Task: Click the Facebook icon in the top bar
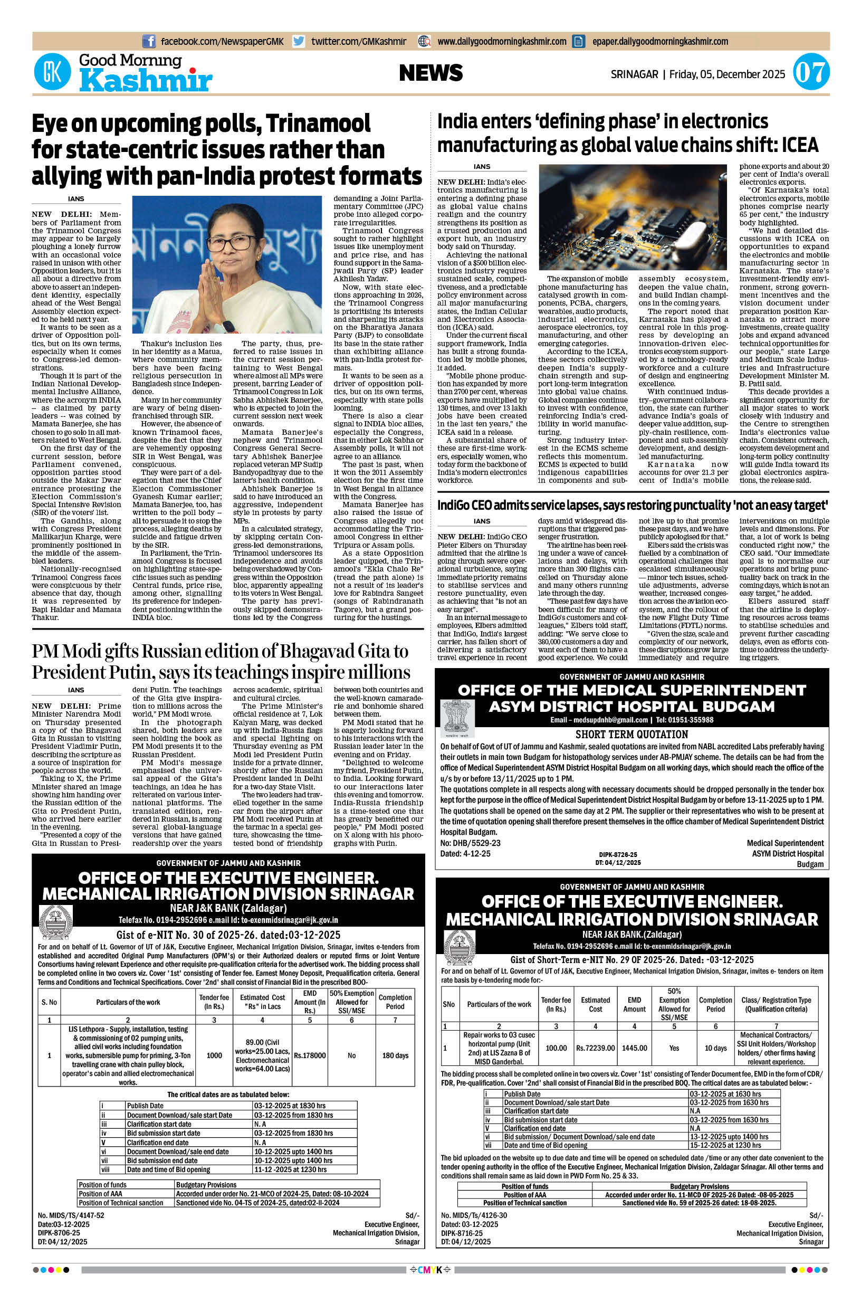[x=148, y=41]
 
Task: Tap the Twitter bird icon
[x=299, y=41]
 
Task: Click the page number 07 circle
[x=811, y=73]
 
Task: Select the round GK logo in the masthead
[x=52, y=73]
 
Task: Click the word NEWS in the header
[x=430, y=73]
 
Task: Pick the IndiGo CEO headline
[x=632, y=505]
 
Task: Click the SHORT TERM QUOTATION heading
[x=632, y=734]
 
